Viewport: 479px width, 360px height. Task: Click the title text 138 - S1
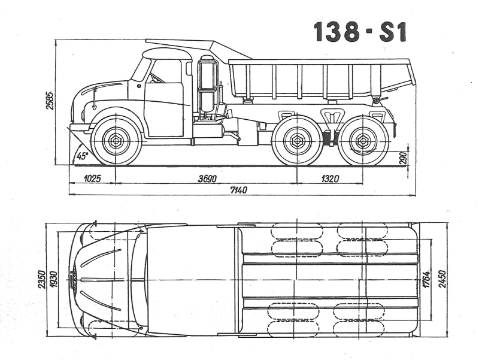(360, 32)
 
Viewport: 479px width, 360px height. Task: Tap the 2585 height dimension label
(50, 100)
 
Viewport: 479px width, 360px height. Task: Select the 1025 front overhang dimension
(92, 179)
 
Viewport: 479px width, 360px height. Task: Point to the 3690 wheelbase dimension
(207, 179)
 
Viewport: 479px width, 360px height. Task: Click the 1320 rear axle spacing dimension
(330, 179)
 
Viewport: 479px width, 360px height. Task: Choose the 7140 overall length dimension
(238, 190)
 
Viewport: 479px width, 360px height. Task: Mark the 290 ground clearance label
(404, 158)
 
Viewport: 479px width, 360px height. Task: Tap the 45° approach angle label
(82, 156)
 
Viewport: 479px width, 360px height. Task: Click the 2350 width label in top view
(41, 279)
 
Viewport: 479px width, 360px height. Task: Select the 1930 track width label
(54, 279)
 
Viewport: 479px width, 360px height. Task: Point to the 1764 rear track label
(426, 279)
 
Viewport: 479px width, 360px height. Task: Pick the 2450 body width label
(442, 279)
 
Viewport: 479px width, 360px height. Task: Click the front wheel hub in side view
(116, 141)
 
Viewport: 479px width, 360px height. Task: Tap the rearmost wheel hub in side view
(363, 141)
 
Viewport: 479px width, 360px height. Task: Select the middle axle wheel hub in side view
(297, 141)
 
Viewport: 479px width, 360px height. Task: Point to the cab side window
(165, 71)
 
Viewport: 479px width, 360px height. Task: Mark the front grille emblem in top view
(73, 279)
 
